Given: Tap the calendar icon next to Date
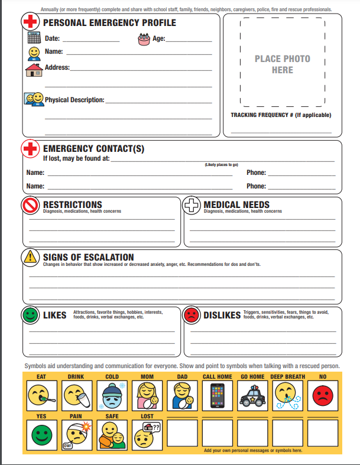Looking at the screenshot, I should (x=34, y=38).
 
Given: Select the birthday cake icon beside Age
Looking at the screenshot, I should (x=144, y=39).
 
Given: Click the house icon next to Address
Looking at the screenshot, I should (x=34, y=70).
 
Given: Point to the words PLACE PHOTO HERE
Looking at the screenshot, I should (x=282, y=64).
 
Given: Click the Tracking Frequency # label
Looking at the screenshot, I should (x=281, y=115).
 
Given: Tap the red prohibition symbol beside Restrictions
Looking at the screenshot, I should (x=31, y=205).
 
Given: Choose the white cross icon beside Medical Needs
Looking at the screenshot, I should (x=192, y=206).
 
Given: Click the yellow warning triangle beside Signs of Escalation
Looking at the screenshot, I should (x=31, y=258).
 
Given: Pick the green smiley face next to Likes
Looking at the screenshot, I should (x=31, y=315).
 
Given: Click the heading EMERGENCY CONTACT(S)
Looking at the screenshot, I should (x=93, y=149).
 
